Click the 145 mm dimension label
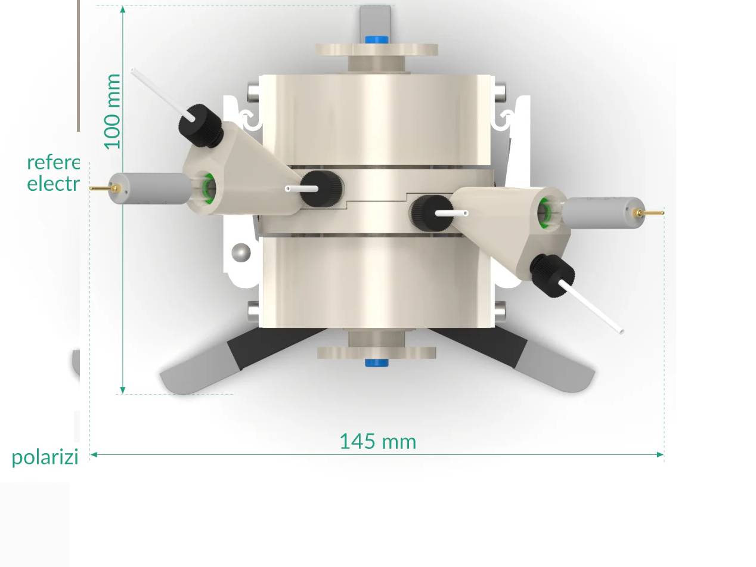pyautogui.click(x=377, y=442)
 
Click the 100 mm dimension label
pyautogui.click(x=112, y=111)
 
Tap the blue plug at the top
pyautogui.click(x=376, y=40)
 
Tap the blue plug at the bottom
pyautogui.click(x=376, y=362)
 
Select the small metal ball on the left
pyautogui.click(x=241, y=253)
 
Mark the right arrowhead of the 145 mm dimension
pyautogui.click(x=660, y=454)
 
